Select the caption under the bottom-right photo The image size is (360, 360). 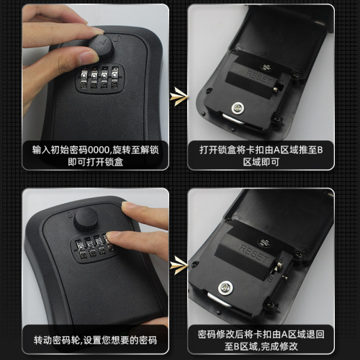pyautogui.click(x=261, y=341)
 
